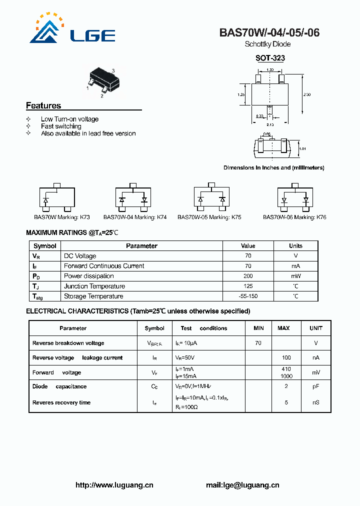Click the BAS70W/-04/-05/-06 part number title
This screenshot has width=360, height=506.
click(x=269, y=33)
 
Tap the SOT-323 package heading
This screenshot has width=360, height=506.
click(x=270, y=58)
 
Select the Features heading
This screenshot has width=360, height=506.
click(x=43, y=105)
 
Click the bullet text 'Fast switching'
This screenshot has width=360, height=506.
click(x=61, y=126)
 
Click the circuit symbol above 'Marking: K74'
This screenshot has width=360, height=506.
click(x=132, y=199)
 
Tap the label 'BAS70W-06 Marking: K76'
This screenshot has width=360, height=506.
click(x=294, y=217)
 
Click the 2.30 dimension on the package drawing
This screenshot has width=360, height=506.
click(x=307, y=94)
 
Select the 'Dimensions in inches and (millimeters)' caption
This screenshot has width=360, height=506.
click(x=273, y=167)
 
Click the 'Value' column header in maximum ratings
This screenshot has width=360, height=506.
click(x=248, y=246)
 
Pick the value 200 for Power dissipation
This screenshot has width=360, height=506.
click(x=248, y=276)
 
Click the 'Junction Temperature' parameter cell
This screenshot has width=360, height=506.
click(x=94, y=286)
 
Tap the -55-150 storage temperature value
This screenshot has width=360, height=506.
click(x=248, y=296)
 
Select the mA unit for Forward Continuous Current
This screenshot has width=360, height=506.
click(x=295, y=266)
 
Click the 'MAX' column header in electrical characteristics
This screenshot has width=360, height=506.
click(x=283, y=328)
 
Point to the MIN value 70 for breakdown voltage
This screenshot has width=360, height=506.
click(x=258, y=343)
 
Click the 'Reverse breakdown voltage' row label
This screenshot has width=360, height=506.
click(x=68, y=343)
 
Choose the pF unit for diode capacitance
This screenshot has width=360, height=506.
click(x=316, y=386)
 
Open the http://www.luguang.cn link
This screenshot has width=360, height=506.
click(x=114, y=485)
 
